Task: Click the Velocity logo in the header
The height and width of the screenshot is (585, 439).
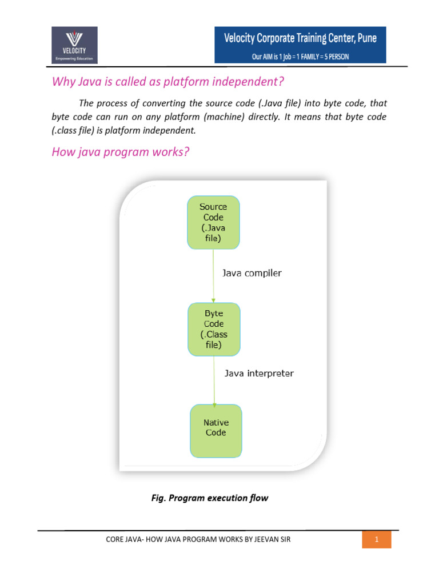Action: pyautogui.click(x=74, y=45)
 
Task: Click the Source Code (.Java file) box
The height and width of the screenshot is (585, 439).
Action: pyautogui.click(x=213, y=222)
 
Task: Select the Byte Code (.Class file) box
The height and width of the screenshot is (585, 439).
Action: pyautogui.click(x=214, y=329)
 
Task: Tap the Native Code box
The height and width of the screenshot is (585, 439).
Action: pyautogui.click(x=215, y=431)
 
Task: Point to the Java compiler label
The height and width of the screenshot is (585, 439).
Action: pyautogui.click(x=252, y=274)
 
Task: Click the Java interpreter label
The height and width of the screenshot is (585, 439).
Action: pyautogui.click(x=258, y=374)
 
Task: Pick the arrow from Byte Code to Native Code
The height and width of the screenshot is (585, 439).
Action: pyautogui.click(x=214, y=380)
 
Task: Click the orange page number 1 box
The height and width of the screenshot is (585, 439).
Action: pyautogui.click(x=377, y=539)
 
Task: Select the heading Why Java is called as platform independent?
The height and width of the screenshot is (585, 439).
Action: pyautogui.click(x=167, y=82)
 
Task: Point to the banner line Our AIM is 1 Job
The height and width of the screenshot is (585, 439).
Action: pyautogui.click(x=300, y=57)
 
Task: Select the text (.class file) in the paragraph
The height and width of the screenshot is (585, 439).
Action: pyautogui.click(x=73, y=130)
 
